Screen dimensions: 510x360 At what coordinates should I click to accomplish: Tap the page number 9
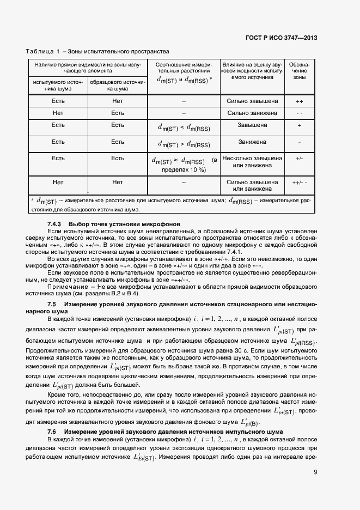(315, 472)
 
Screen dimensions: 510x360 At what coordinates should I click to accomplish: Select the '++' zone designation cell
(299, 101)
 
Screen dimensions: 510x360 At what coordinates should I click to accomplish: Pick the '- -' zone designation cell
(299, 113)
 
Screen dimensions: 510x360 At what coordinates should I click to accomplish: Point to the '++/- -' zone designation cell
(299, 182)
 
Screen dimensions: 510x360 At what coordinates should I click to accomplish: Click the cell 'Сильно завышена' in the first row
(252, 101)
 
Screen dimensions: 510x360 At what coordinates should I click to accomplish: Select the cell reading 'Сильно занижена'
(252, 113)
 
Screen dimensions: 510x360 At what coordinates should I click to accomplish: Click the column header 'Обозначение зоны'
(299, 71)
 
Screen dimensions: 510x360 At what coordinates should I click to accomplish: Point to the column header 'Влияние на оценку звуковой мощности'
(252, 71)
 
